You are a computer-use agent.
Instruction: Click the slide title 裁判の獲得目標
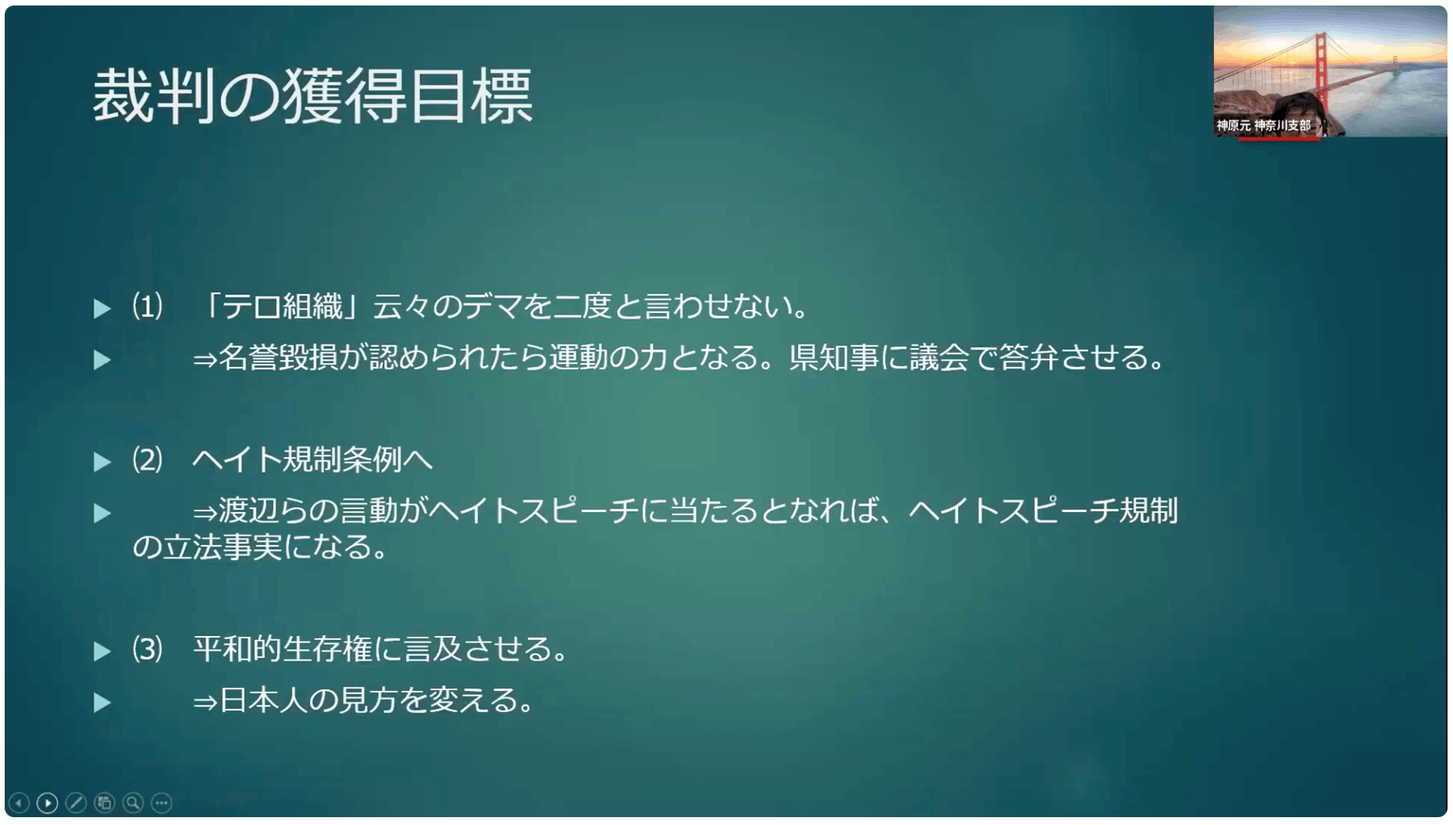click(x=313, y=96)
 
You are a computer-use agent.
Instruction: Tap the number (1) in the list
click(x=147, y=306)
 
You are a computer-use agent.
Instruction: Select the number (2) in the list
click(x=147, y=460)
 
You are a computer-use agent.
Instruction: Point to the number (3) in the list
click(x=147, y=649)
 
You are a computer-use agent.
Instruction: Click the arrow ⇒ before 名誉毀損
click(x=205, y=360)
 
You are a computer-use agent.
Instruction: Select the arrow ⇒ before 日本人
click(x=205, y=702)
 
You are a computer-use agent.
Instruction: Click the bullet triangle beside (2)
click(x=102, y=462)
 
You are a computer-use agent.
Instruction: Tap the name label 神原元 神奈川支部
click(x=1263, y=125)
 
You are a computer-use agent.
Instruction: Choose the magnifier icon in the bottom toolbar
click(x=133, y=803)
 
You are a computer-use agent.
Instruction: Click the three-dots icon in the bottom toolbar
click(x=162, y=803)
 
